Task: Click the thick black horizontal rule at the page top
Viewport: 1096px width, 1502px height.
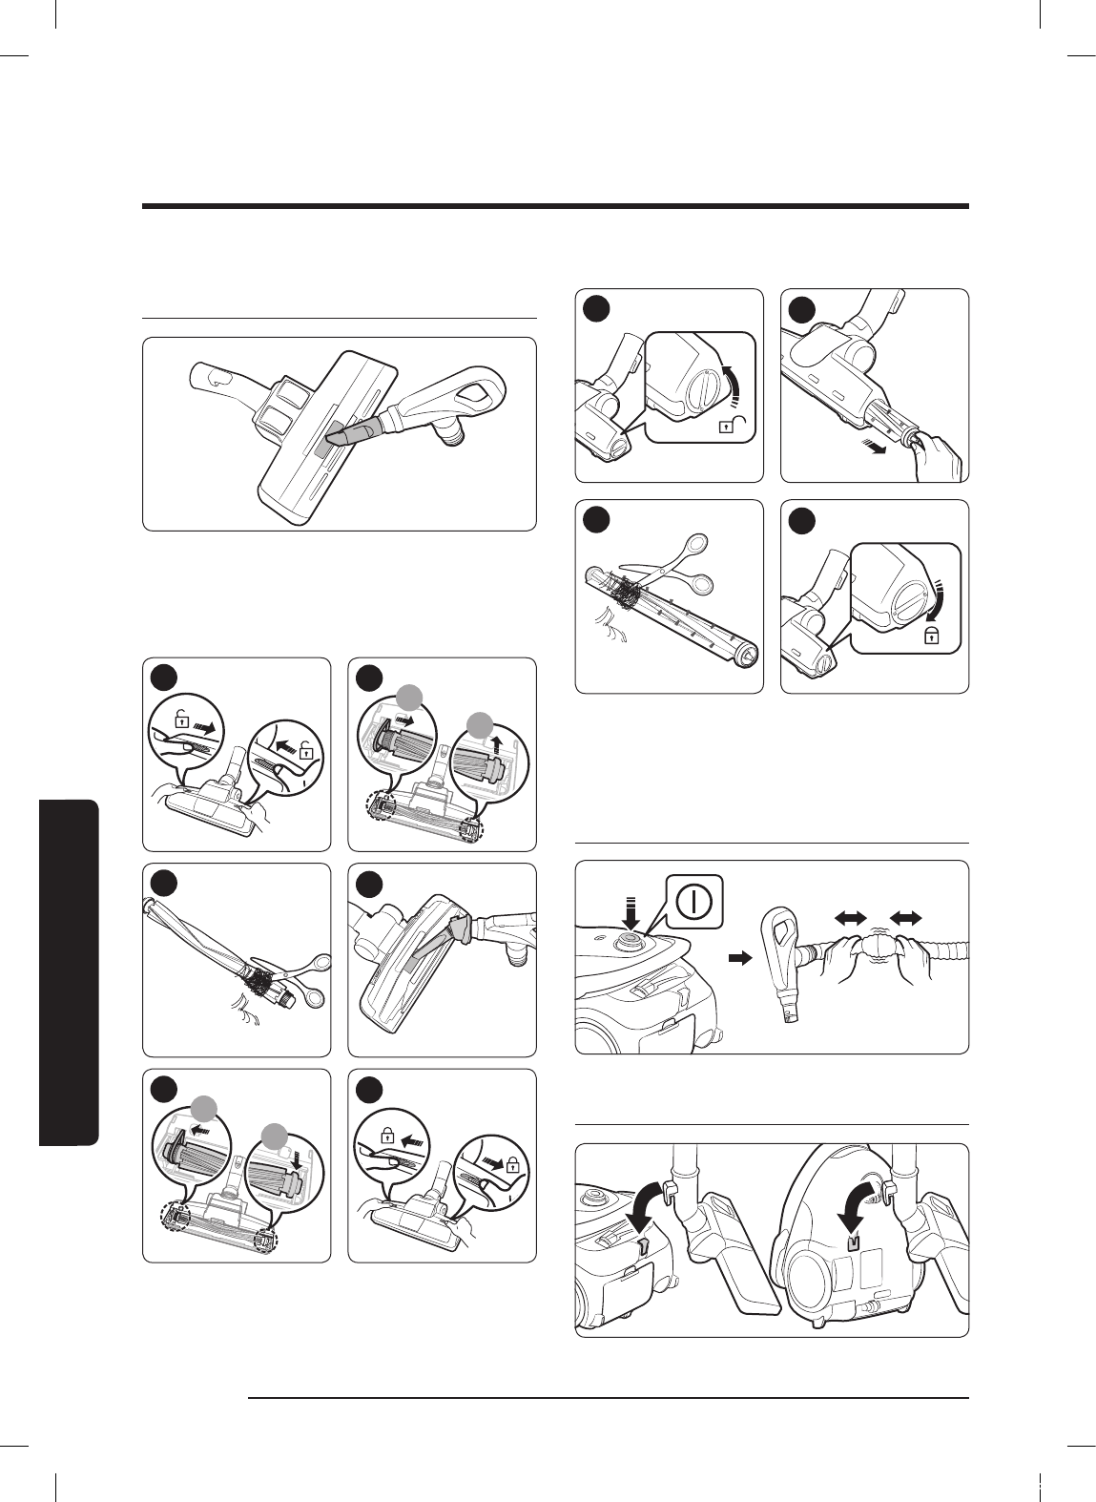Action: (555, 205)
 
